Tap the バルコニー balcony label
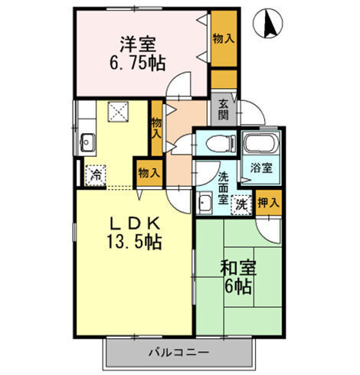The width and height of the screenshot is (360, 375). (x=178, y=354)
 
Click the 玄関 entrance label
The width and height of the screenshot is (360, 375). (x=223, y=111)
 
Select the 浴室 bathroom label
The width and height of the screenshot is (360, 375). (x=255, y=168)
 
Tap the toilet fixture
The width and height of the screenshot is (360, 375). (x=216, y=143)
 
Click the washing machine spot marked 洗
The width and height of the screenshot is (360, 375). (x=241, y=204)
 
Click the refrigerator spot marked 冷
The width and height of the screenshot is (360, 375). (x=96, y=174)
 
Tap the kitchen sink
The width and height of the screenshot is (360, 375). (x=87, y=143)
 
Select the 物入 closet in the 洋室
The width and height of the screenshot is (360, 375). (x=222, y=38)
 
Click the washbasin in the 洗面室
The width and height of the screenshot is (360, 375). (x=205, y=204)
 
